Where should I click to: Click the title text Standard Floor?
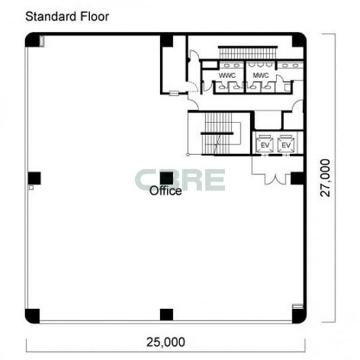point(67,17)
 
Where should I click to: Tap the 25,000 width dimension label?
point(165,342)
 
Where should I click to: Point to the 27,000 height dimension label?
point(325,178)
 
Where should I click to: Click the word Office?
point(165,191)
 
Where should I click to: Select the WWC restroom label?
point(227,75)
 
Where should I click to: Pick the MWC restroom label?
point(261,75)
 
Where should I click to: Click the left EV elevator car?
point(265,144)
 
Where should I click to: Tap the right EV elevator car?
point(286,144)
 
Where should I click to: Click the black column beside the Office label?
point(167,179)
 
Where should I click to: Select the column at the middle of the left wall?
point(34,178)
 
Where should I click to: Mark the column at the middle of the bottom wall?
point(167,315)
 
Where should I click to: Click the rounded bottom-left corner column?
point(32,316)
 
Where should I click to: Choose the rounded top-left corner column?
point(32,40)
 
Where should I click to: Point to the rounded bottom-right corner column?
point(299,316)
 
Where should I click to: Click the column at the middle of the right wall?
point(297,179)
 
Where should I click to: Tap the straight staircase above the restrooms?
point(247,52)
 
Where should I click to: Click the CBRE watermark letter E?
point(214,180)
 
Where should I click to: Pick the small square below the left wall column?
point(31,188)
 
